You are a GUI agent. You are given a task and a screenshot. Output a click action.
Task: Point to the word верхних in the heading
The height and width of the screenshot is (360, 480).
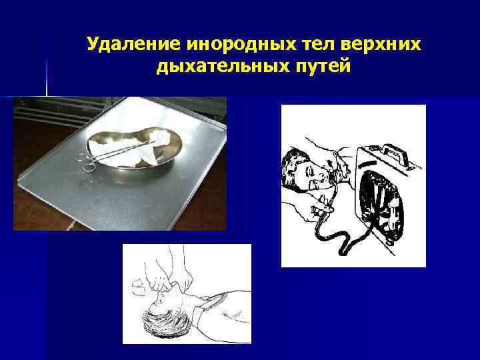tap(381, 45)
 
